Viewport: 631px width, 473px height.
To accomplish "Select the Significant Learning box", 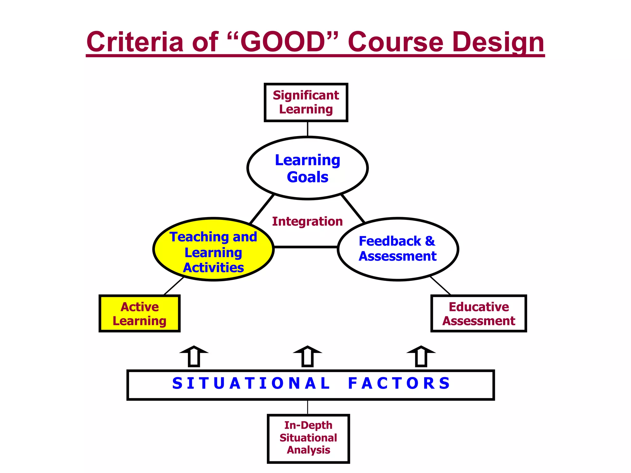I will [x=306, y=102].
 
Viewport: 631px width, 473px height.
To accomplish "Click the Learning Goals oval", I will [x=307, y=168].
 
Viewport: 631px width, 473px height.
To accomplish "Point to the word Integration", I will [x=307, y=221].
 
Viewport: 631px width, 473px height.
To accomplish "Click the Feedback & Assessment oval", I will [x=398, y=249].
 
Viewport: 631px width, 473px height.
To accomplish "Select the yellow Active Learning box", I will [x=140, y=313].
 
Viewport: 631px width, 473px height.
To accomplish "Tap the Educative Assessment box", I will [x=478, y=313].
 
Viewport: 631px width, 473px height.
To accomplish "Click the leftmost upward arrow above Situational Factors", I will [x=194, y=356].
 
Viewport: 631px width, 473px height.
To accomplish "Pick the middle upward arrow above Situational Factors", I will [x=307, y=356].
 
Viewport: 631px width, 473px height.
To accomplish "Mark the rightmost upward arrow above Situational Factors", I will [x=421, y=356].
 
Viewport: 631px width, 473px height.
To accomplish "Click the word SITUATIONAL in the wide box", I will [x=251, y=383].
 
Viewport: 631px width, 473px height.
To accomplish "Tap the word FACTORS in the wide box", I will [x=399, y=383].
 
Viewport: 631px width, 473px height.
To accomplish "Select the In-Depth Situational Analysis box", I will [x=308, y=438].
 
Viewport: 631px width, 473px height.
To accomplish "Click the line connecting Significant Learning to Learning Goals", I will [x=307, y=129].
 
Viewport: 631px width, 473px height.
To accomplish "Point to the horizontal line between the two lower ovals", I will [x=306, y=247].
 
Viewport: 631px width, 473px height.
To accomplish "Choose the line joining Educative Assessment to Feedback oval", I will [x=440, y=285].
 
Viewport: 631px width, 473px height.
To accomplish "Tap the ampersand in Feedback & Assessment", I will [x=430, y=241].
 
